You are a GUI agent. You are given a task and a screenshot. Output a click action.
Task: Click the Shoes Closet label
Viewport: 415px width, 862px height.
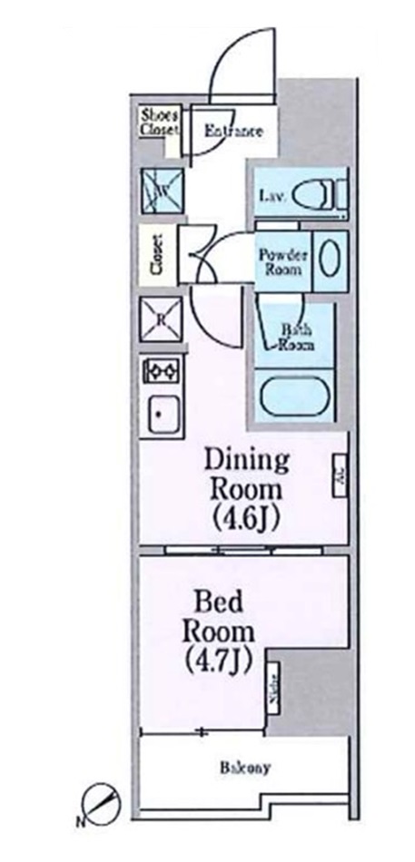tap(160, 122)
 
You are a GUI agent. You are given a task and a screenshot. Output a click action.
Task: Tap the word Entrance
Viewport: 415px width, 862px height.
tap(233, 132)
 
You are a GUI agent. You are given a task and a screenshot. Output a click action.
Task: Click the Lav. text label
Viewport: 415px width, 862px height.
tap(272, 195)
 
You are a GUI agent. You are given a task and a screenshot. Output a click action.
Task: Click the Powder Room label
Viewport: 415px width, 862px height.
tap(283, 260)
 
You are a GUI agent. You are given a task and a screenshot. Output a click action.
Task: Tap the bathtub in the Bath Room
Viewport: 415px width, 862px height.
tap(294, 396)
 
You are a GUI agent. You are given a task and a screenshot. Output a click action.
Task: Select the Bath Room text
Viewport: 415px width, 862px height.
tap(294, 338)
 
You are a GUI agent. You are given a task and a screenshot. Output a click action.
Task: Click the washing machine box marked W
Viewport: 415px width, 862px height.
tap(161, 191)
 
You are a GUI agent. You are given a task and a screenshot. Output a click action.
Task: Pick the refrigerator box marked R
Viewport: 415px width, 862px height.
tap(161, 319)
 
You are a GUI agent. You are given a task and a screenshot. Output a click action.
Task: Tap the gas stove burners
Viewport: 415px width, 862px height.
tap(161, 371)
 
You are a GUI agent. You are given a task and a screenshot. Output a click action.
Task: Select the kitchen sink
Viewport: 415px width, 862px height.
tap(161, 416)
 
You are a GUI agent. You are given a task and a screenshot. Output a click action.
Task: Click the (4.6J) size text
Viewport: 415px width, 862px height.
tap(246, 519)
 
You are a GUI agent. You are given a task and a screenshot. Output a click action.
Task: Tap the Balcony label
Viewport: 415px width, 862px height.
tap(243, 769)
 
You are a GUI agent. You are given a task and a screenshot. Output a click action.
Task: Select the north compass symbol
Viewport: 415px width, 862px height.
tap(100, 803)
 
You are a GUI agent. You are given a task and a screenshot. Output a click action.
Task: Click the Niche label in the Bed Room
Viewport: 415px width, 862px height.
tap(272, 691)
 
